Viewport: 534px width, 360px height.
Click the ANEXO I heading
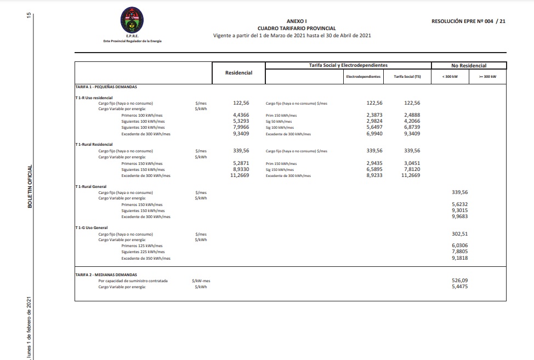(297, 21)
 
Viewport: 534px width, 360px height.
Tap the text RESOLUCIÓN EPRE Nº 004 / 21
(469, 21)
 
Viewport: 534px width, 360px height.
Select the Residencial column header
(238, 73)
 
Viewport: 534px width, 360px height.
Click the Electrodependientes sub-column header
(363, 77)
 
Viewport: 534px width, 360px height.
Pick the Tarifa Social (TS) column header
(407, 77)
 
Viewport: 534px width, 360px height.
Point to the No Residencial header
(468, 66)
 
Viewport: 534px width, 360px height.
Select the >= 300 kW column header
(487, 77)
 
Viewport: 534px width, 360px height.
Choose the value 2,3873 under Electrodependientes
(374, 115)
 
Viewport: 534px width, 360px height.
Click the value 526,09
(459, 281)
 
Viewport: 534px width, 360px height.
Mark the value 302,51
(459, 234)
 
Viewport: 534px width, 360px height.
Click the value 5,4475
(459, 286)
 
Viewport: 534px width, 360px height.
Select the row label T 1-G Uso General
(92, 227)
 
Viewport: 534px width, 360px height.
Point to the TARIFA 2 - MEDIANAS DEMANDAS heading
(106, 275)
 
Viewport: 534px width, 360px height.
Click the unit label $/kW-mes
(201, 281)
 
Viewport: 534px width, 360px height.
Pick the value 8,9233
(374, 175)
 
